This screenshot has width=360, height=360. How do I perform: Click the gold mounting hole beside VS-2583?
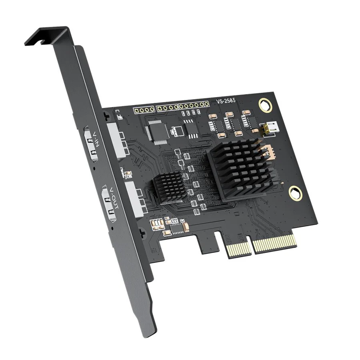tap(264, 105)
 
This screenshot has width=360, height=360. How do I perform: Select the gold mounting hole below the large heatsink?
tap(295, 193)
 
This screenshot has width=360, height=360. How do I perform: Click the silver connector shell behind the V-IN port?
tap(117, 140)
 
